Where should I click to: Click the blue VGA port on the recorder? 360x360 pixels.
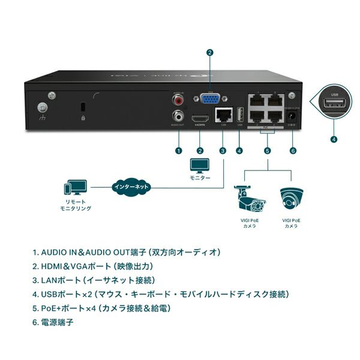coord(209,100)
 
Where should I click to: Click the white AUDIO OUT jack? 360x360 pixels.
coord(178,116)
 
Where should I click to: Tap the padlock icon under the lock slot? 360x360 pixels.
coord(82,119)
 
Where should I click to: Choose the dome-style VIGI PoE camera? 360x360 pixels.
coord(292,199)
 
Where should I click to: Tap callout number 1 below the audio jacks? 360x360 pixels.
coord(178,150)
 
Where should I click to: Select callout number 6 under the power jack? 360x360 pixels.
coord(293,150)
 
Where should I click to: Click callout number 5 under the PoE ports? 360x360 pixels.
coord(267,150)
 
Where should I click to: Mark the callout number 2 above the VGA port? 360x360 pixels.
coord(209,52)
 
